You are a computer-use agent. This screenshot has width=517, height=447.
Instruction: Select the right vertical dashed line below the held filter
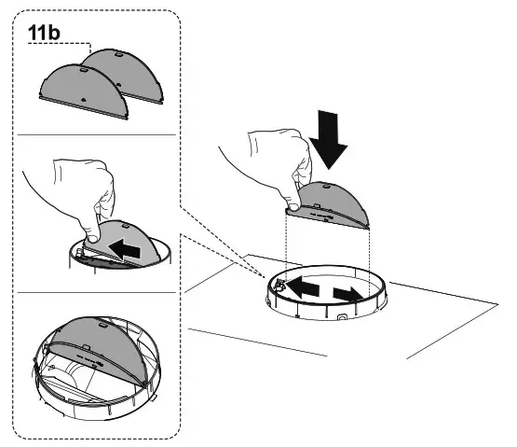pyautogui.click(x=371, y=258)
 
